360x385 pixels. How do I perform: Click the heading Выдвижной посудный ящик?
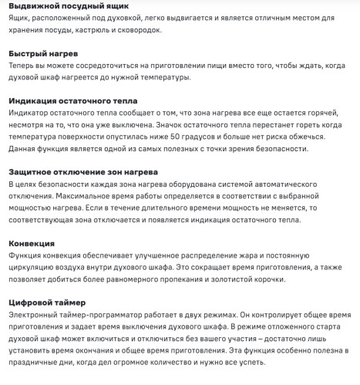click(x=69, y=6)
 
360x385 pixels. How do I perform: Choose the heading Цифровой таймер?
click(x=52, y=302)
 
